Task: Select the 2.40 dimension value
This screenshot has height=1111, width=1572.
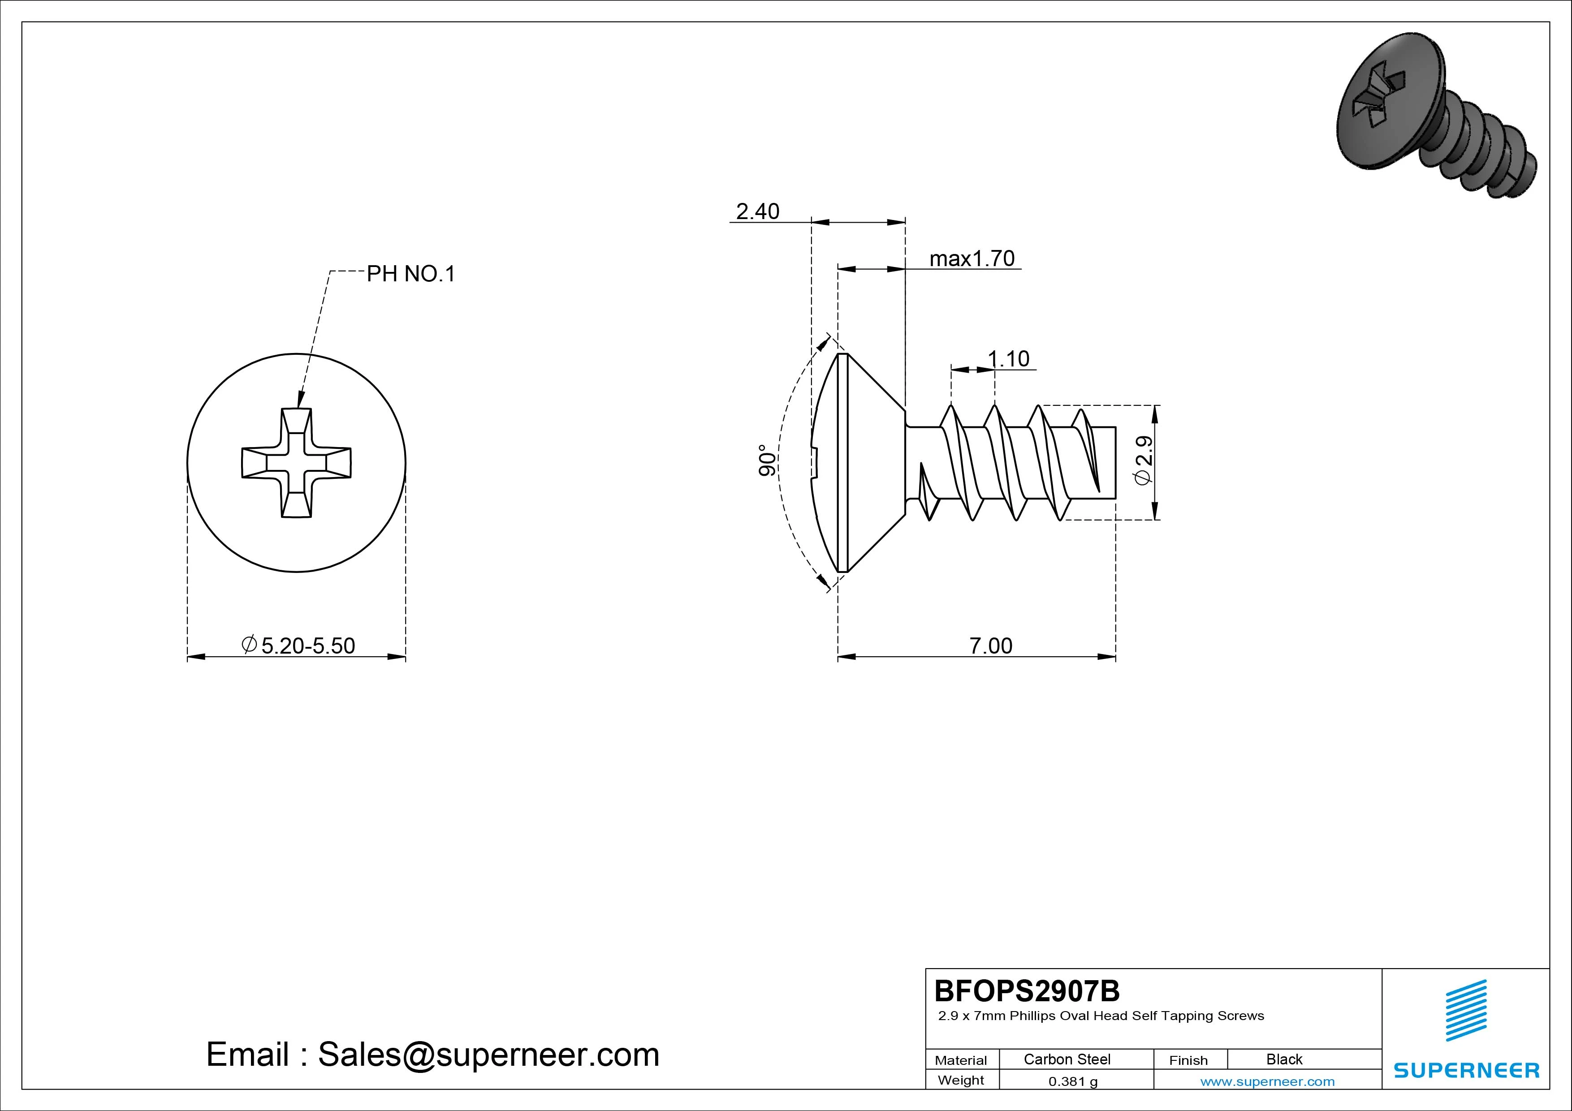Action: pyautogui.click(x=757, y=211)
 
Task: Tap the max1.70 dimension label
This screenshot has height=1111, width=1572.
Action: pyautogui.click(x=972, y=259)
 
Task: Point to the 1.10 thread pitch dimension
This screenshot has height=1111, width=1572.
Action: pyautogui.click(x=1009, y=359)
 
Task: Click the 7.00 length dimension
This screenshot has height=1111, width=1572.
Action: pyautogui.click(x=991, y=646)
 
